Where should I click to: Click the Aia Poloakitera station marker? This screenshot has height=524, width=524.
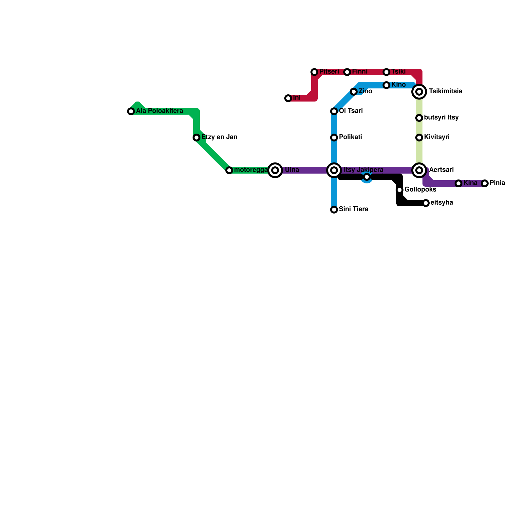(x=131, y=111)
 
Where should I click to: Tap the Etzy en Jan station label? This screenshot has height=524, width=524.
(x=219, y=137)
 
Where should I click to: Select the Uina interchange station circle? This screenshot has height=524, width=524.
(x=275, y=170)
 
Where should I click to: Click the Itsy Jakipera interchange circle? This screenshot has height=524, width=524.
(x=334, y=170)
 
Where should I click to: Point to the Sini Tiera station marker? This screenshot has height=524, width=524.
(x=334, y=210)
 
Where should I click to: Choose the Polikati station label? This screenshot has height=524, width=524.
(x=350, y=137)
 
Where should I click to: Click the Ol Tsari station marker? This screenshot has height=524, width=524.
(x=334, y=111)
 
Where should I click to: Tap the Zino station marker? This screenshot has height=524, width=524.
(x=354, y=92)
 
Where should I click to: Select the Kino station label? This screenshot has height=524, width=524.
(x=399, y=85)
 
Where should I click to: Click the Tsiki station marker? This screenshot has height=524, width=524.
(x=386, y=72)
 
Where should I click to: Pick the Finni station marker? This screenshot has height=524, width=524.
(x=347, y=72)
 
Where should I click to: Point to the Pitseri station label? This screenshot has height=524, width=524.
(x=329, y=72)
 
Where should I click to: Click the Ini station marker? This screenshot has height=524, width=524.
(x=288, y=98)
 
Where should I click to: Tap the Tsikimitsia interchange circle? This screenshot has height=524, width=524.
(x=419, y=92)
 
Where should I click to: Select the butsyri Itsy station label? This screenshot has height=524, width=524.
(x=441, y=118)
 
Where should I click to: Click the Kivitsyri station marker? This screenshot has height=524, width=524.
(x=419, y=138)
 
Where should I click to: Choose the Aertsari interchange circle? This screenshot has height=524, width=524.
(x=419, y=170)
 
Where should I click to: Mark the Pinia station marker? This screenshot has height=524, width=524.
(x=485, y=183)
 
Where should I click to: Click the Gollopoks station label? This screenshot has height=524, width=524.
(x=420, y=190)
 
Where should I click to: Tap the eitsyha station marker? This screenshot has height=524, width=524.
(x=426, y=203)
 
